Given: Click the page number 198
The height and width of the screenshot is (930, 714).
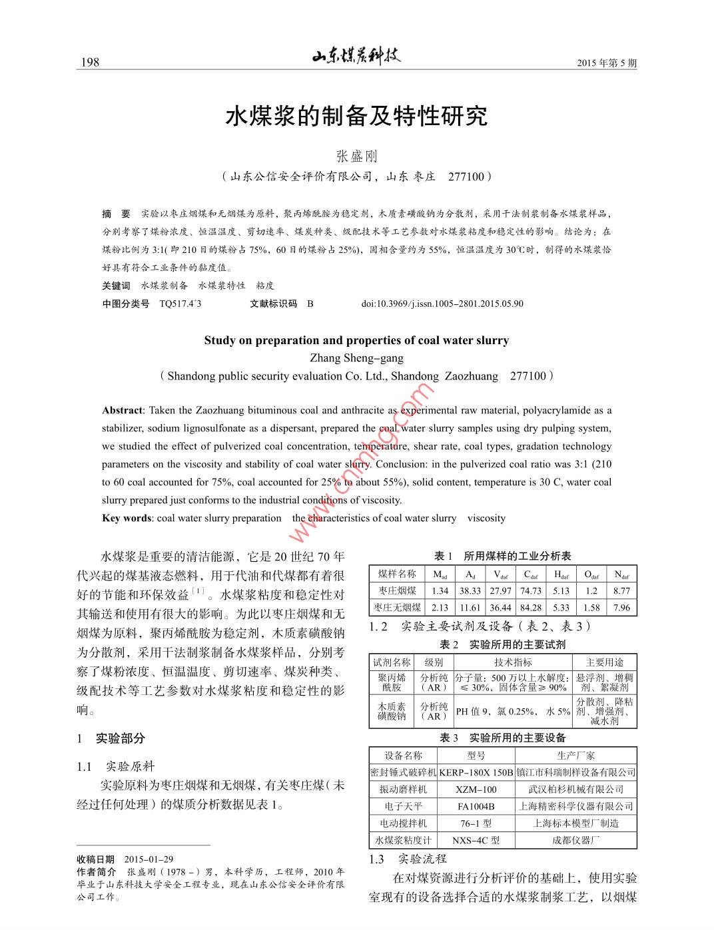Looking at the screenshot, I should coord(89,62).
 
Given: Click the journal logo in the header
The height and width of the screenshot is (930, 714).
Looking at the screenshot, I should coord(356,57).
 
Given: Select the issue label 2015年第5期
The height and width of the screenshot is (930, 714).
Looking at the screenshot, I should coord(607,63).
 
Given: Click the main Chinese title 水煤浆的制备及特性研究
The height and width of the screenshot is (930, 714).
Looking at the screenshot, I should coord(356,116).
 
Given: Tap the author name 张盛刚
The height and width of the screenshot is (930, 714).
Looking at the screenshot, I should coord(356,156).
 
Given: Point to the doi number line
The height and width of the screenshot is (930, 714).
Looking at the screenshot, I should coord(442,304).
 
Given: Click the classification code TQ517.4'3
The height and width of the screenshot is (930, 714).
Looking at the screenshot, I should coord(180,304).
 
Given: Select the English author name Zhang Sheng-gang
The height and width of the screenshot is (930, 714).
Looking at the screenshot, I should coord(356,358).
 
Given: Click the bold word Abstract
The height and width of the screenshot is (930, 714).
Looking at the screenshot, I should coord(122,410).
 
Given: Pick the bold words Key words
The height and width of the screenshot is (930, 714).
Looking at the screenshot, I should coord(127,518).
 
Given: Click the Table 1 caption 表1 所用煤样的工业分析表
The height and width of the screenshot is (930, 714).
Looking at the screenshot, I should coord(503,556).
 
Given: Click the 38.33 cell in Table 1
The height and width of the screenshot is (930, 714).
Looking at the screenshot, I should coord(470,590).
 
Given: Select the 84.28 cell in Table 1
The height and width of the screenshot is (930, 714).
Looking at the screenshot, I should coord(531,607).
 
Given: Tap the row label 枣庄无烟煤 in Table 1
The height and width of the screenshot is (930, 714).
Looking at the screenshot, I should coord(397,607).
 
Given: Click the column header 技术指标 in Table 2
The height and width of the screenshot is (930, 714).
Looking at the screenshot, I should coord(513,662).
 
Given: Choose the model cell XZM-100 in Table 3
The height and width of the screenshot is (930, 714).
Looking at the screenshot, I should coord(476,790).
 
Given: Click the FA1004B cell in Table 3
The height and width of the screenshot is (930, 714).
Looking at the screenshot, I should coord(476,806).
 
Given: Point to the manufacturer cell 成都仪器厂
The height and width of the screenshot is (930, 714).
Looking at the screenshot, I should coord(575,840).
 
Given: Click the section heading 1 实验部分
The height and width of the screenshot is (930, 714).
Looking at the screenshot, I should coord(111,738).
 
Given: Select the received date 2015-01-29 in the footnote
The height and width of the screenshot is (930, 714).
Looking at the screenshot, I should coord(149,859).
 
